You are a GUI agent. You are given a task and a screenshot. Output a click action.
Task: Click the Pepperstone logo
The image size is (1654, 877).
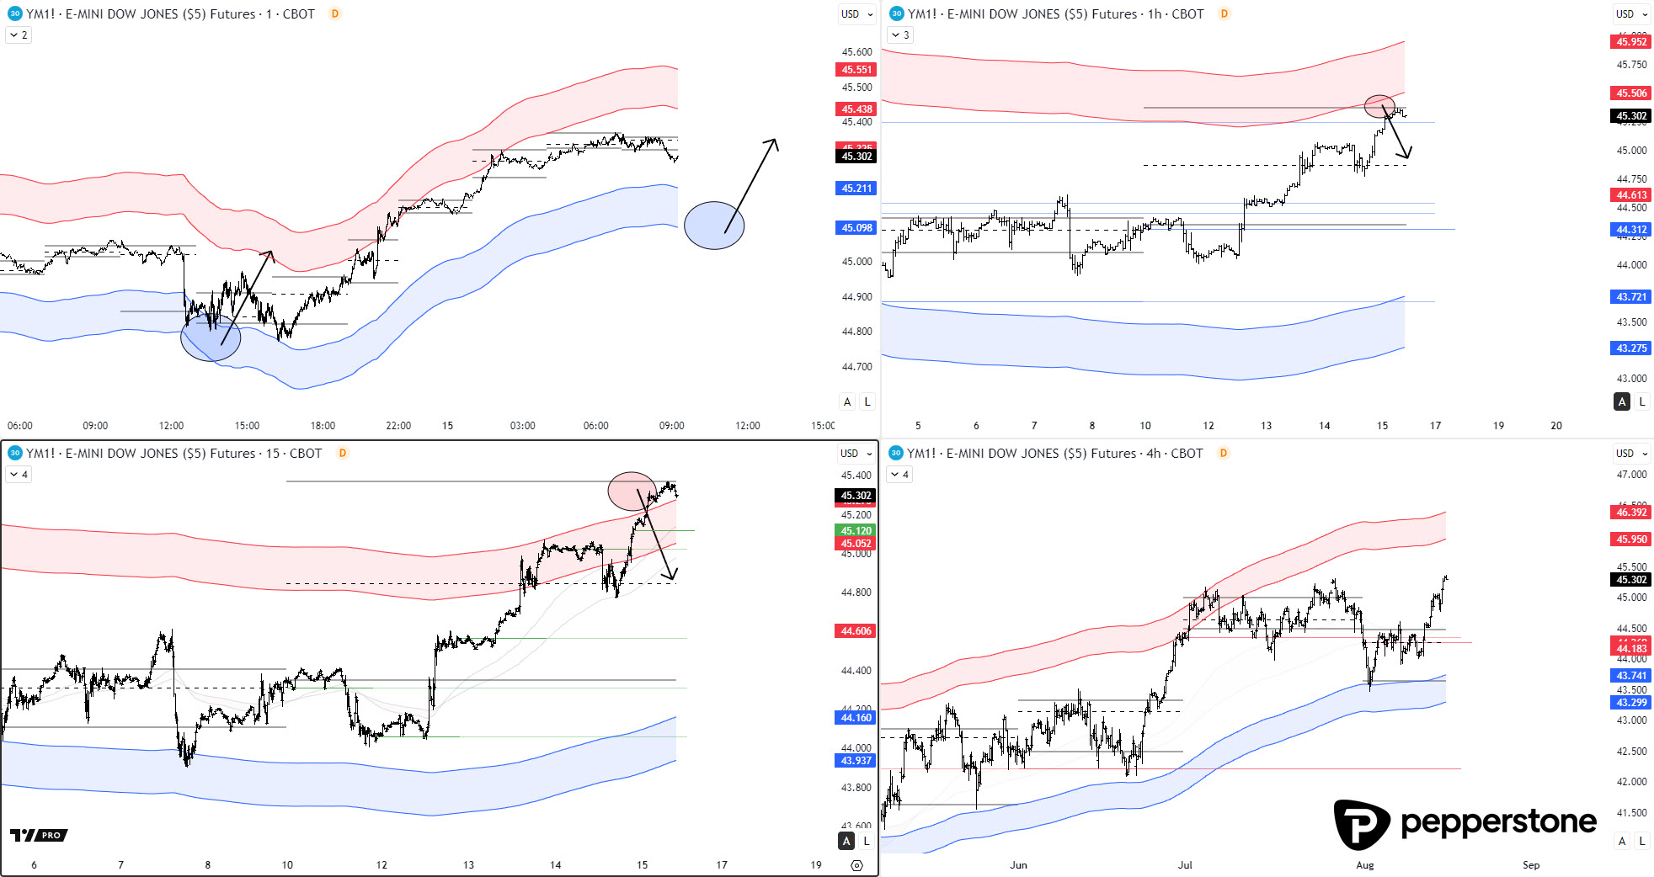click(1465, 823)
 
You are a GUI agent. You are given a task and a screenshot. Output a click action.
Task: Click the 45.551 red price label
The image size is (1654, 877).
click(856, 70)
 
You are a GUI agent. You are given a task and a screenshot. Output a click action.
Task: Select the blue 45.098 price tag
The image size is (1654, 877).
click(856, 228)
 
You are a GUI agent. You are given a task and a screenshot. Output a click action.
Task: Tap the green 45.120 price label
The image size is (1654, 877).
click(856, 531)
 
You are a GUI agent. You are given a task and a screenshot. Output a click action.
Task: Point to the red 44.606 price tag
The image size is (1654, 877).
click(856, 631)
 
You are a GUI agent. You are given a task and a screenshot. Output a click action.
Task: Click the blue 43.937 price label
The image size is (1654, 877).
click(856, 761)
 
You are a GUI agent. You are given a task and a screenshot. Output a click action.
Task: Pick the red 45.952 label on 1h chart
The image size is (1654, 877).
click(1630, 42)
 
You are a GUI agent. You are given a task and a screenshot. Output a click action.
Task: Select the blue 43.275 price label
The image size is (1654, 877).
click(1630, 348)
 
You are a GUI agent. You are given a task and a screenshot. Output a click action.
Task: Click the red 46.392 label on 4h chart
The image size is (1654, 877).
click(1630, 513)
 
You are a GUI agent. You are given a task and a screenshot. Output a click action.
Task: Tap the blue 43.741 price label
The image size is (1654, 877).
click(1630, 676)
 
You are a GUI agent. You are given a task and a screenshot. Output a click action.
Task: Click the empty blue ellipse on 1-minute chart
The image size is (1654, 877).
click(714, 226)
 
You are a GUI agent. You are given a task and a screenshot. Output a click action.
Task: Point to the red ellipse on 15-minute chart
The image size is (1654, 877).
click(632, 492)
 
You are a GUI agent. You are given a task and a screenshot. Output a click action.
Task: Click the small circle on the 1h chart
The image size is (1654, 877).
click(1379, 105)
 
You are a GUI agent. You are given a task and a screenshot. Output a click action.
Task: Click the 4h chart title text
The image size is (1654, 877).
click(1054, 454)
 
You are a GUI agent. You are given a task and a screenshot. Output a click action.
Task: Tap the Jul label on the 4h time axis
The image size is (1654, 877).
click(1185, 864)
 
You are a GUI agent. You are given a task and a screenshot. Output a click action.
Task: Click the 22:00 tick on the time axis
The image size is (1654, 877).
click(398, 426)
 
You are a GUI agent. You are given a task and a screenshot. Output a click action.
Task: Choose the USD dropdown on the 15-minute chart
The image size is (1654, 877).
click(856, 454)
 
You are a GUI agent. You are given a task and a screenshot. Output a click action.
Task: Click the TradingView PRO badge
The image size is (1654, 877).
click(39, 835)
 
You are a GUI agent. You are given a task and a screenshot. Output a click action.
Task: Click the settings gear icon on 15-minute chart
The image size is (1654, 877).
click(856, 865)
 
